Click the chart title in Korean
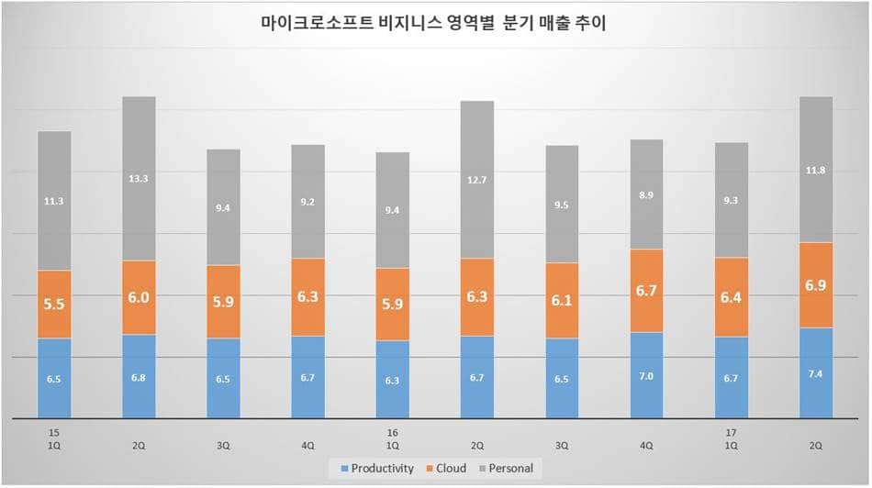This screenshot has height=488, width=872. pos(434,24)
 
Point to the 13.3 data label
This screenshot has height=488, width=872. pos(139,179)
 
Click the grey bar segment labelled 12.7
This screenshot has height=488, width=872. pos(476,180)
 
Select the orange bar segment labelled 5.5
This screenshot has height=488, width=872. pos(54,305)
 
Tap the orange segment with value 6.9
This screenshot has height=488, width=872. pos(815,285)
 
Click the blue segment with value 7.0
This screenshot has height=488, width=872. pos(646,374)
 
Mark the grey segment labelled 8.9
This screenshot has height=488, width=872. pos(646,194)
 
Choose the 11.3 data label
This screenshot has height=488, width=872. pos(54,201)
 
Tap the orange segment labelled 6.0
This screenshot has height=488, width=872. pos(139,297)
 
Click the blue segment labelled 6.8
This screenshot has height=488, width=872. pos(139,376)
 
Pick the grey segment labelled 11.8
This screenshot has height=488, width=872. pos(815,170)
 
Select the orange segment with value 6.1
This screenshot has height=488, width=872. pos(562,301)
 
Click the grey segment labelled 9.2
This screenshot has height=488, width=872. pos(307,202)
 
